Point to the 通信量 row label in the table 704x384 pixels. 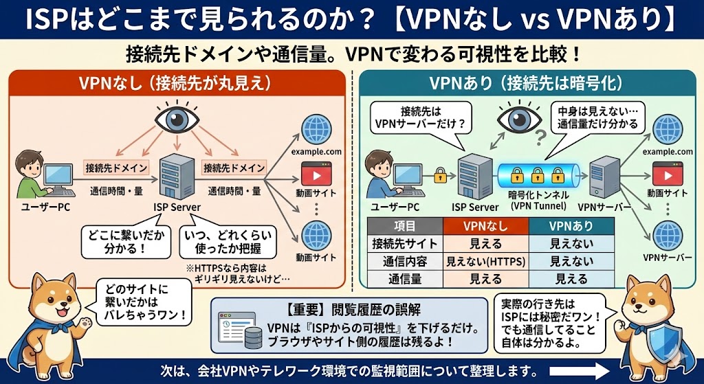(x=404, y=278)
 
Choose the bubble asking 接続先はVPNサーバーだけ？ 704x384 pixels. (x=420, y=118)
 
